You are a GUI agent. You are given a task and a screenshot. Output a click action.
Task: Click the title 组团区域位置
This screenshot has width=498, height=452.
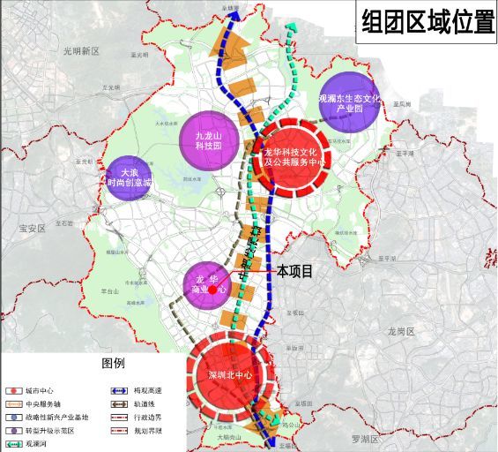point(426,22)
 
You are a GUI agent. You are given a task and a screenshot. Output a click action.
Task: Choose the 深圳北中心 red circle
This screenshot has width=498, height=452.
point(231,374)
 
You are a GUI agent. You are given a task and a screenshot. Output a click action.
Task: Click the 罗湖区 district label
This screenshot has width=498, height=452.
point(362,439)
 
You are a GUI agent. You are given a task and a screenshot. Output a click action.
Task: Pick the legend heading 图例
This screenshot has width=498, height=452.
point(114,363)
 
